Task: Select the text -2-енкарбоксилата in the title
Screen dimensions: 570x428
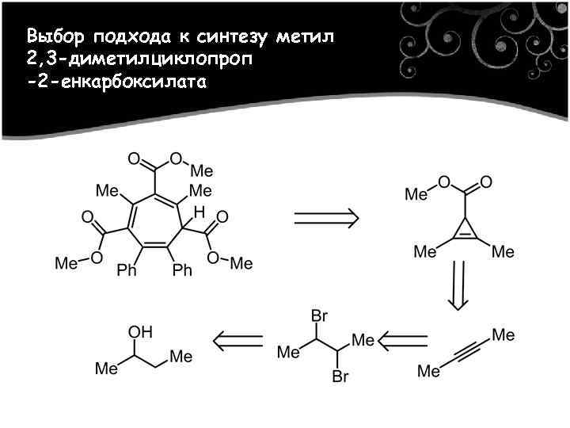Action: coord(116,82)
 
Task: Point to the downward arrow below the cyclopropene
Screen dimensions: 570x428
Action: coord(458,285)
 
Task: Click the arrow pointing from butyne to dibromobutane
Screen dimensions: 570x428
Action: coord(403,341)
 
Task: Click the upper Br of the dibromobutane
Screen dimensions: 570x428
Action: coord(319,315)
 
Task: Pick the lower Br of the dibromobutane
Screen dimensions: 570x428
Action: coord(340,376)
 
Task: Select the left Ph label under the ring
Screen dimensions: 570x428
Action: coord(127,271)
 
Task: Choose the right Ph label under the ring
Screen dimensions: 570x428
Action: coord(182,271)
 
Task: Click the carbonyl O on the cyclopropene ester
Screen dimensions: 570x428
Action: coord(485,182)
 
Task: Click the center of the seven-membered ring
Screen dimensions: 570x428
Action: coord(154,223)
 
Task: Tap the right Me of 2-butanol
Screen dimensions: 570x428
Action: coord(181,357)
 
